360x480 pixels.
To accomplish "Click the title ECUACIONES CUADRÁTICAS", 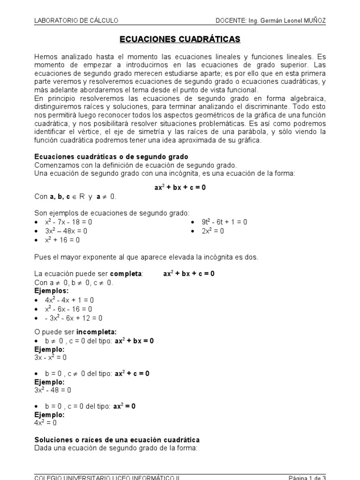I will click(180, 39).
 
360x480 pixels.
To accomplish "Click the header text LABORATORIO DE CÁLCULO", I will click(76, 20).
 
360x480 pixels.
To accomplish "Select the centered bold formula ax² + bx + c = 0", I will click(180, 187).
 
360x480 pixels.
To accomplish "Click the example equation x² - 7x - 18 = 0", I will click(69, 222).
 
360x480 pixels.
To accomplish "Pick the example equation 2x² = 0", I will click(213, 231).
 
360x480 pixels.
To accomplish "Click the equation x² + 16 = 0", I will click(62, 240).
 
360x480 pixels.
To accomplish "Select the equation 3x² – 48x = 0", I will click(66, 231).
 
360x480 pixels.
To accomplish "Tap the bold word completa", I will click(126, 273).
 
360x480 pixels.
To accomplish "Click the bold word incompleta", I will click(96, 332).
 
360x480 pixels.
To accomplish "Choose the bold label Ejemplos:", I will click(51, 291).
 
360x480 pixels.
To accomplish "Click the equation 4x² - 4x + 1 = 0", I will click(69, 300).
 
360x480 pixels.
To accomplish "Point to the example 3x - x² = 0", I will click(51, 358).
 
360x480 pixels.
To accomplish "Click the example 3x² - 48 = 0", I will click(52, 390).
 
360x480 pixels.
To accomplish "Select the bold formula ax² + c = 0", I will click(132, 374).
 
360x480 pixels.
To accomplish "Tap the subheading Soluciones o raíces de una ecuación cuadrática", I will click(117, 440).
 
